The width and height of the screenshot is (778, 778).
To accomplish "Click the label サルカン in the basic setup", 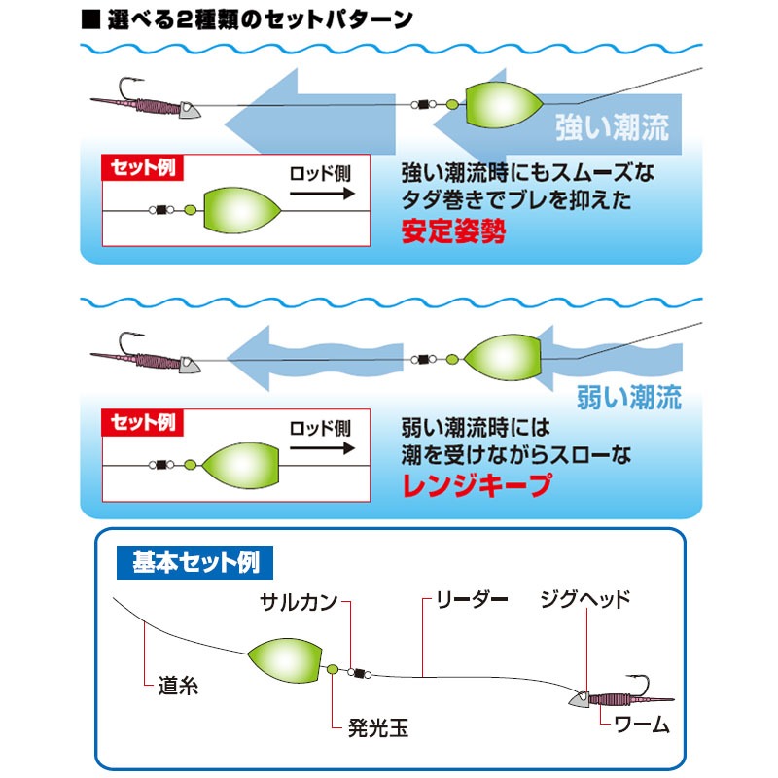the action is click(x=299, y=602).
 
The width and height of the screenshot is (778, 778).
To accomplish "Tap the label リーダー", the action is click(x=472, y=599).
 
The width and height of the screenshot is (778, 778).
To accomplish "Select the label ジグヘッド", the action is click(x=585, y=599).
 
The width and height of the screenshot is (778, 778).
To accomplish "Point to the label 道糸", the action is click(x=178, y=686).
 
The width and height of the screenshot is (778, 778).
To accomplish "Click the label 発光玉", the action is click(x=378, y=727).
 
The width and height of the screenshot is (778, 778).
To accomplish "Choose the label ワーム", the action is click(x=642, y=725).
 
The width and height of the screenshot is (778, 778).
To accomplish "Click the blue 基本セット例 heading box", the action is click(x=195, y=563).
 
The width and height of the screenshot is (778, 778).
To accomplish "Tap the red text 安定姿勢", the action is click(x=453, y=230).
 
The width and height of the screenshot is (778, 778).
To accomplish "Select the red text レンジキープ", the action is click(x=477, y=484).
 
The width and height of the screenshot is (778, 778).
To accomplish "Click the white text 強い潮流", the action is click(x=613, y=127).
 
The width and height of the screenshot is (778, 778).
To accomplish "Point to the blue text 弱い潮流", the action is click(x=629, y=397).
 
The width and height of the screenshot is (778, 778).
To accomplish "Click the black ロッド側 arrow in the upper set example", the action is click(x=323, y=194).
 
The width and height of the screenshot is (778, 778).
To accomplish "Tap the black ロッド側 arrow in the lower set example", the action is click(x=323, y=448).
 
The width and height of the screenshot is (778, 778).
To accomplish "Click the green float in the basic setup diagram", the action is click(x=285, y=660).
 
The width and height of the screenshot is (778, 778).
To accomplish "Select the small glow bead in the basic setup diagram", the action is click(x=333, y=670).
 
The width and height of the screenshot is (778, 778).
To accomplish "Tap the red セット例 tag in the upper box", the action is click(x=142, y=167).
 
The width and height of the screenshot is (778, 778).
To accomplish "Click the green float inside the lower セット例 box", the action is click(x=240, y=466).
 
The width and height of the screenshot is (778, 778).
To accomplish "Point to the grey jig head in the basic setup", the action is click(x=579, y=699).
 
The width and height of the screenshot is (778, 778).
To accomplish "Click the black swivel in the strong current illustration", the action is click(x=423, y=104).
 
